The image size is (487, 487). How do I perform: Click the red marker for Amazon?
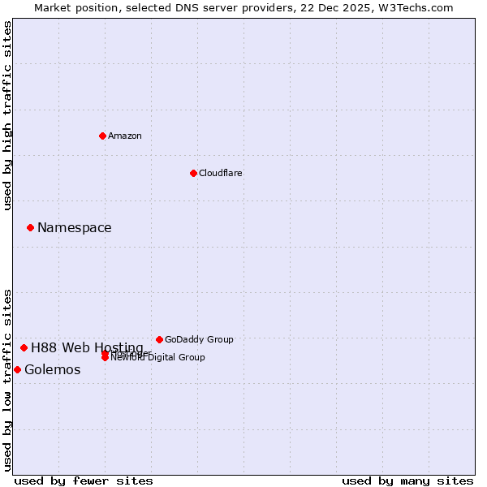click(102, 136)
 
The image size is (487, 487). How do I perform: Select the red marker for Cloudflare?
click(193, 173)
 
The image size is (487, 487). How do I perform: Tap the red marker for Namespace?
click(30, 227)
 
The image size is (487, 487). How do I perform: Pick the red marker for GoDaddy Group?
click(159, 339)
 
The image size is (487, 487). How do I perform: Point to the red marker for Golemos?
click(17, 369)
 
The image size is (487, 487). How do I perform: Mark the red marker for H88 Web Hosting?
click(24, 347)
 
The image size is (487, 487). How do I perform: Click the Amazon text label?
click(124, 136)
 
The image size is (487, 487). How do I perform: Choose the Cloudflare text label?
click(220, 173)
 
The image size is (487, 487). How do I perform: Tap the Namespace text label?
click(74, 227)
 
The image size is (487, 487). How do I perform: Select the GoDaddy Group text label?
click(199, 339)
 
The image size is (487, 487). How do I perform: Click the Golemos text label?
click(52, 369)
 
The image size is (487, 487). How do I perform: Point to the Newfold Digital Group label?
click(157, 357)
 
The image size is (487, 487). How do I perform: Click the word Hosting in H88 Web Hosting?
click(119, 347)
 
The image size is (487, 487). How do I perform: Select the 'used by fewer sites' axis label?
click(84, 481)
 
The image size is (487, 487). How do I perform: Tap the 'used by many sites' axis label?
click(407, 481)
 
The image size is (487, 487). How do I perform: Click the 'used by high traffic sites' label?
click(7, 115)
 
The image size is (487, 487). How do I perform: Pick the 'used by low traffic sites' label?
click(7, 379)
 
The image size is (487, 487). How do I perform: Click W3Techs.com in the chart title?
click(416, 7)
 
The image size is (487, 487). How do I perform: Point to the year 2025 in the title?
click(361, 7)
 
